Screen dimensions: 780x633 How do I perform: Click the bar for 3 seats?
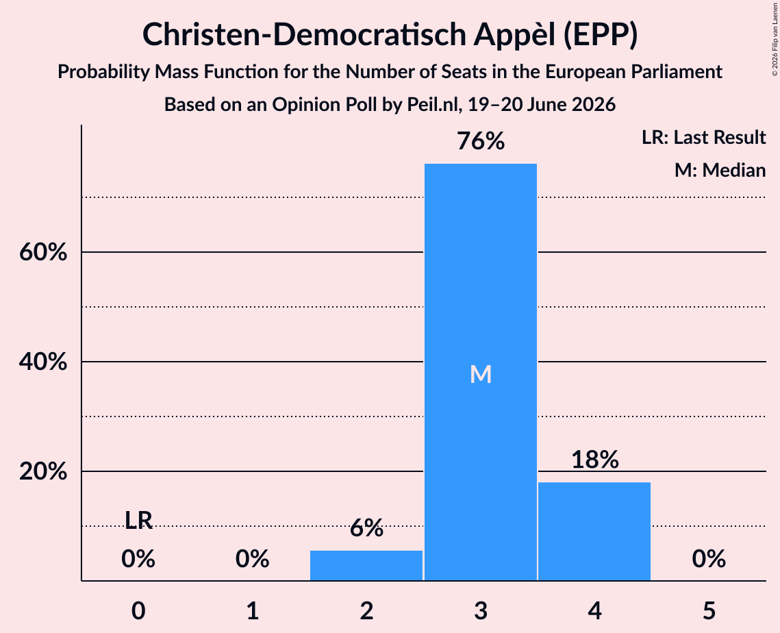click(x=481, y=372)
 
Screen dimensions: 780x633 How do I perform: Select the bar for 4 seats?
click(x=594, y=531)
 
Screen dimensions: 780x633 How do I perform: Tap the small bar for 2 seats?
click(x=366, y=565)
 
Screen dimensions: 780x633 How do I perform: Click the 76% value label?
click(x=481, y=141)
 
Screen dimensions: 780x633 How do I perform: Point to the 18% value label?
click(x=594, y=459)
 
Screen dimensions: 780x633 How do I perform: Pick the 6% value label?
click(x=366, y=528)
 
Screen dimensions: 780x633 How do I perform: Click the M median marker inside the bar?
click(x=481, y=374)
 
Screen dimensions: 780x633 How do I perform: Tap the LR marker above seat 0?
click(x=138, y=521)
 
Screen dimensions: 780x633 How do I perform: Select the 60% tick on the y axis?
click(x=43, y=252)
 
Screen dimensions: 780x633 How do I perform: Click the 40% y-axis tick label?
click(x=43, y=362)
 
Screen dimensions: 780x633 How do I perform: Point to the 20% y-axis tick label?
click(x=43, y=471)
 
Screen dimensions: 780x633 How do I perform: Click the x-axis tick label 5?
click(x=709, y=611)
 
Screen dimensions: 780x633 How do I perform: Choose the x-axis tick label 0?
click(x=138, y=611)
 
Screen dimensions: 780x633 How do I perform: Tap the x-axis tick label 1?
click(x=253, y=611)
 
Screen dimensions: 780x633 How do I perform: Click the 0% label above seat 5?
click(x=709, y=559)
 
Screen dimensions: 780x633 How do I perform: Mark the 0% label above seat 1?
click(x=253, y=559)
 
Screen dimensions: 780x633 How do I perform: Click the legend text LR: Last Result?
click(x=703, y=137)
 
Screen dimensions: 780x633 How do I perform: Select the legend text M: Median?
click(x=720, y=170)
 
